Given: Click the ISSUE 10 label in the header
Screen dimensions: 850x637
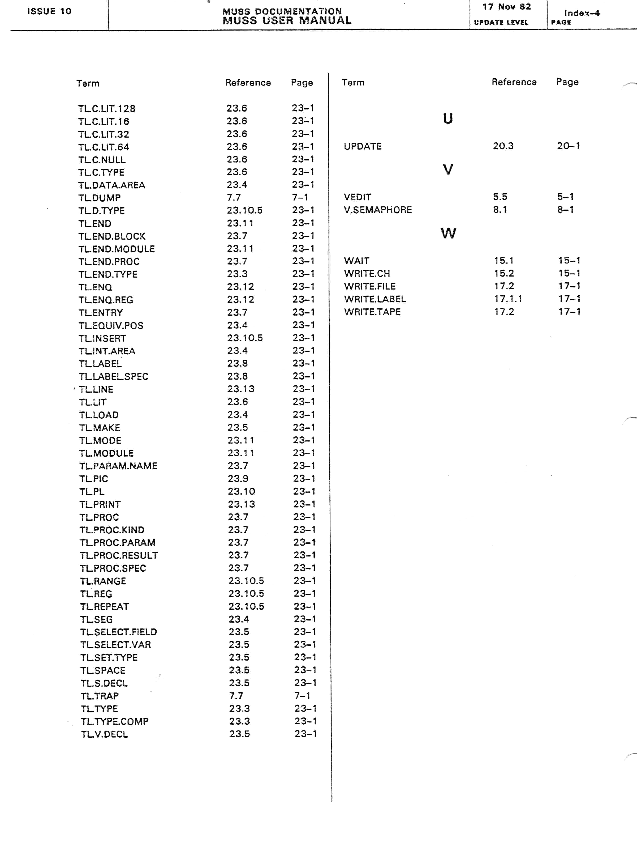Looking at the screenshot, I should coord(49,11).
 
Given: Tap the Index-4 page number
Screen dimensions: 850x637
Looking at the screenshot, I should coord(582,13).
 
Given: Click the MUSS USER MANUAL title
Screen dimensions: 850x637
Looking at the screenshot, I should coord(287,20).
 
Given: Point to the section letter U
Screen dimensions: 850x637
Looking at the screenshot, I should coord(448,118).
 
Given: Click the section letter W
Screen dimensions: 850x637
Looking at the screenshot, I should coord(448,233).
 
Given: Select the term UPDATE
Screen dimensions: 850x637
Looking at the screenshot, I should coord(363,146).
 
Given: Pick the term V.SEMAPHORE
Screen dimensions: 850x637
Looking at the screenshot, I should coord(378,210).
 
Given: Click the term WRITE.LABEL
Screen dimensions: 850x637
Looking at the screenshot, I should coord(375,299).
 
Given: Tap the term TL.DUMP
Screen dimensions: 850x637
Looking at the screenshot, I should coord(100,198).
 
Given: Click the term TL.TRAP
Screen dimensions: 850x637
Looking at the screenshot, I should coord(100,696).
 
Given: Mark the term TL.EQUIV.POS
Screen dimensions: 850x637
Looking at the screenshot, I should coord(111,325).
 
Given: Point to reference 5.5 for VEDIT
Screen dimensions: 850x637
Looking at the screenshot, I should coord(500,197).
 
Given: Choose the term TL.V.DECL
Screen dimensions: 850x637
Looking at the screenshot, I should coord(104,734).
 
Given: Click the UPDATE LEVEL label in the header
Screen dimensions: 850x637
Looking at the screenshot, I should coord(501,22).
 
